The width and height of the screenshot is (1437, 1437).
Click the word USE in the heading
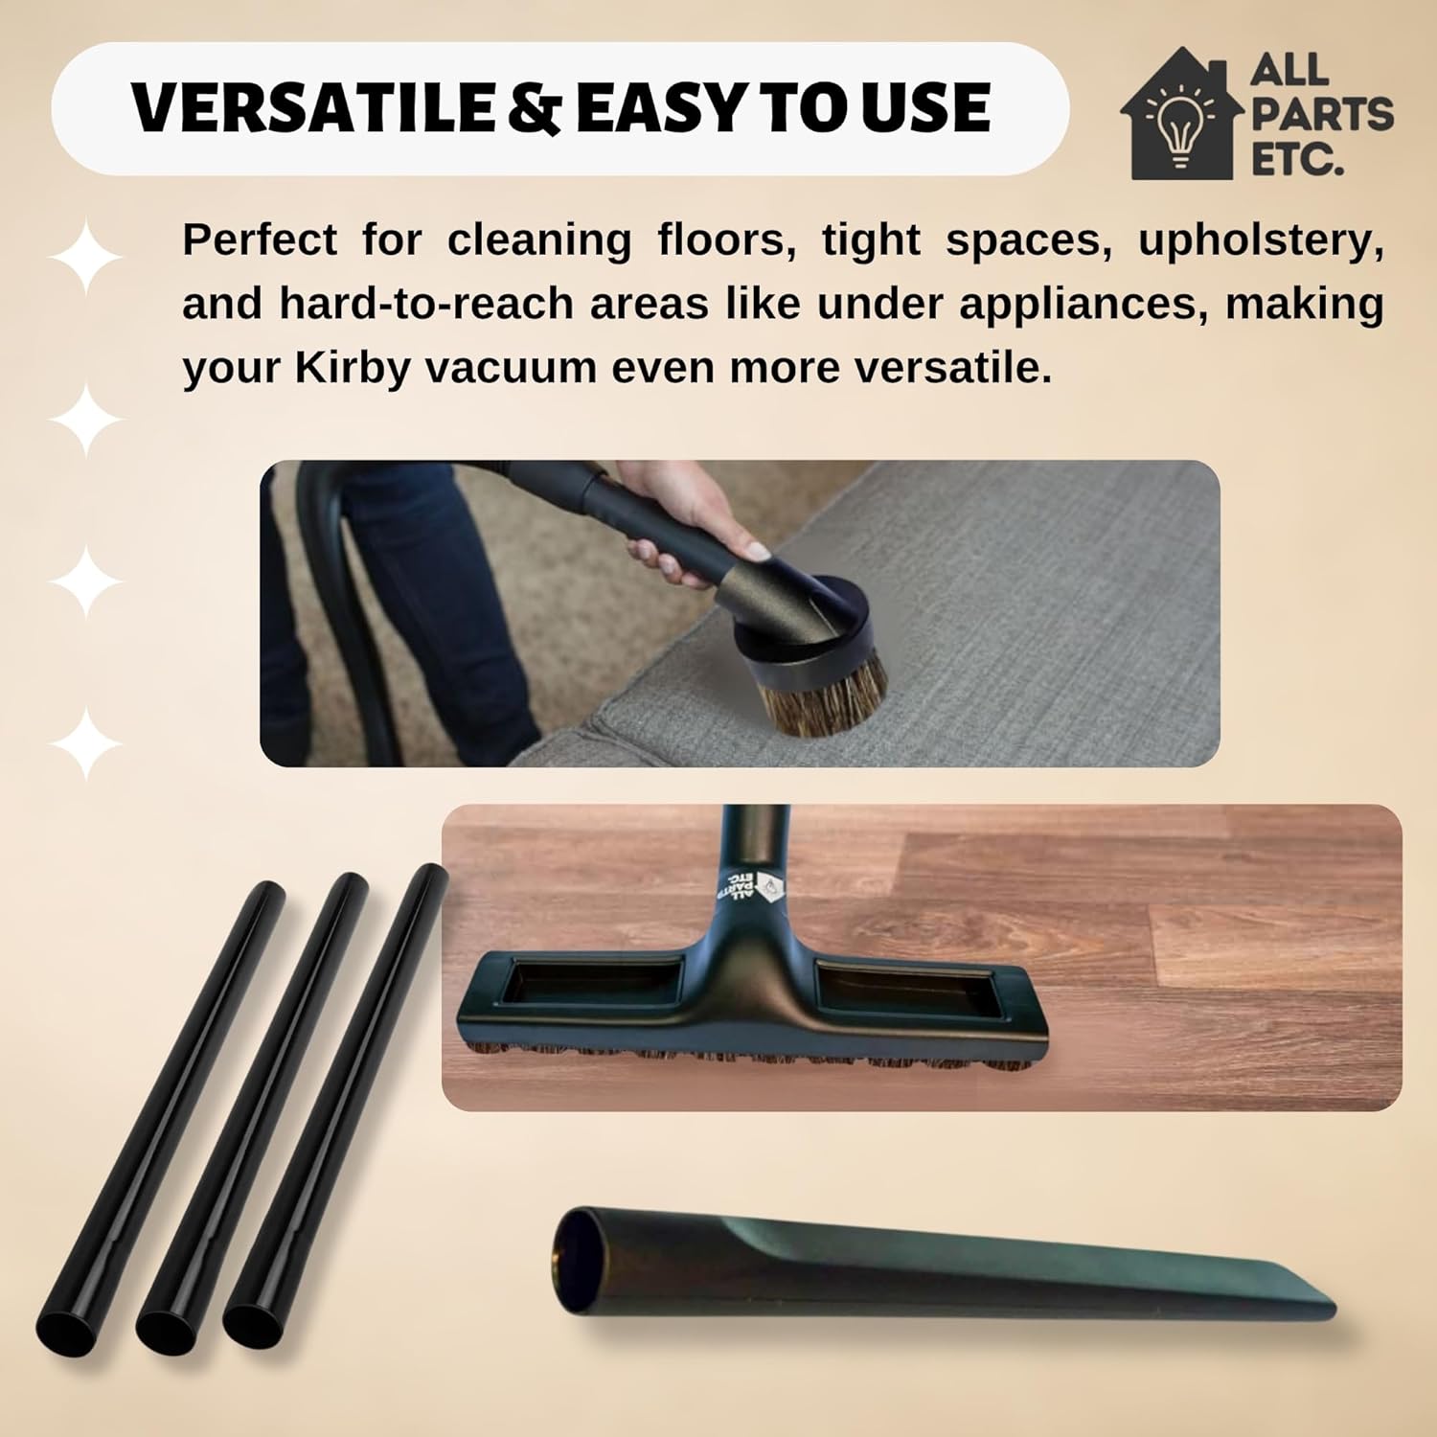coord(924,107)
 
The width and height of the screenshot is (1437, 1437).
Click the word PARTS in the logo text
coord(1323,114)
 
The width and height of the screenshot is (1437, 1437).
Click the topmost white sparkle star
coord(85,257)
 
